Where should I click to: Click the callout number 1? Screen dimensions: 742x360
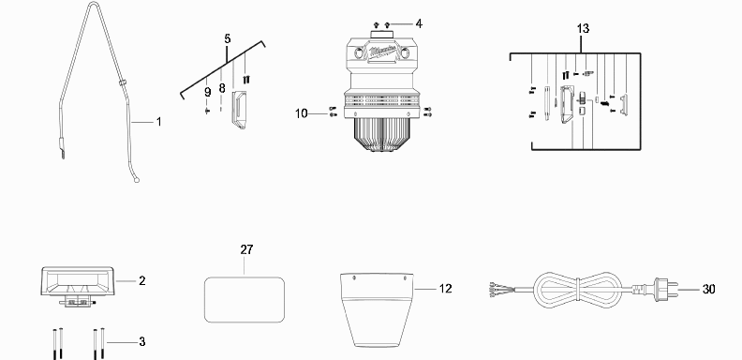coord(159,122)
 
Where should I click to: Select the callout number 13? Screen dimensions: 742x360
coord(583,28)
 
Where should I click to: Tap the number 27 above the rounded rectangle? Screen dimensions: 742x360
coord(246,249)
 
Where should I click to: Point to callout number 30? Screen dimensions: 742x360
coord(708,289)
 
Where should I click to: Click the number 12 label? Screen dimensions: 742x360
coord(445,289)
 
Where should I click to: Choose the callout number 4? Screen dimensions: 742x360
coord(419,23)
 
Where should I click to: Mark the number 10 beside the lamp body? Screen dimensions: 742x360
coord(302,113)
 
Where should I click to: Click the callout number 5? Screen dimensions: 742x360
coord(228,38)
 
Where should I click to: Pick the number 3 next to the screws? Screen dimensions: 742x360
coord(142,341)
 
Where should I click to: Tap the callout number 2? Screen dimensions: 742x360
coord(142,281)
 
